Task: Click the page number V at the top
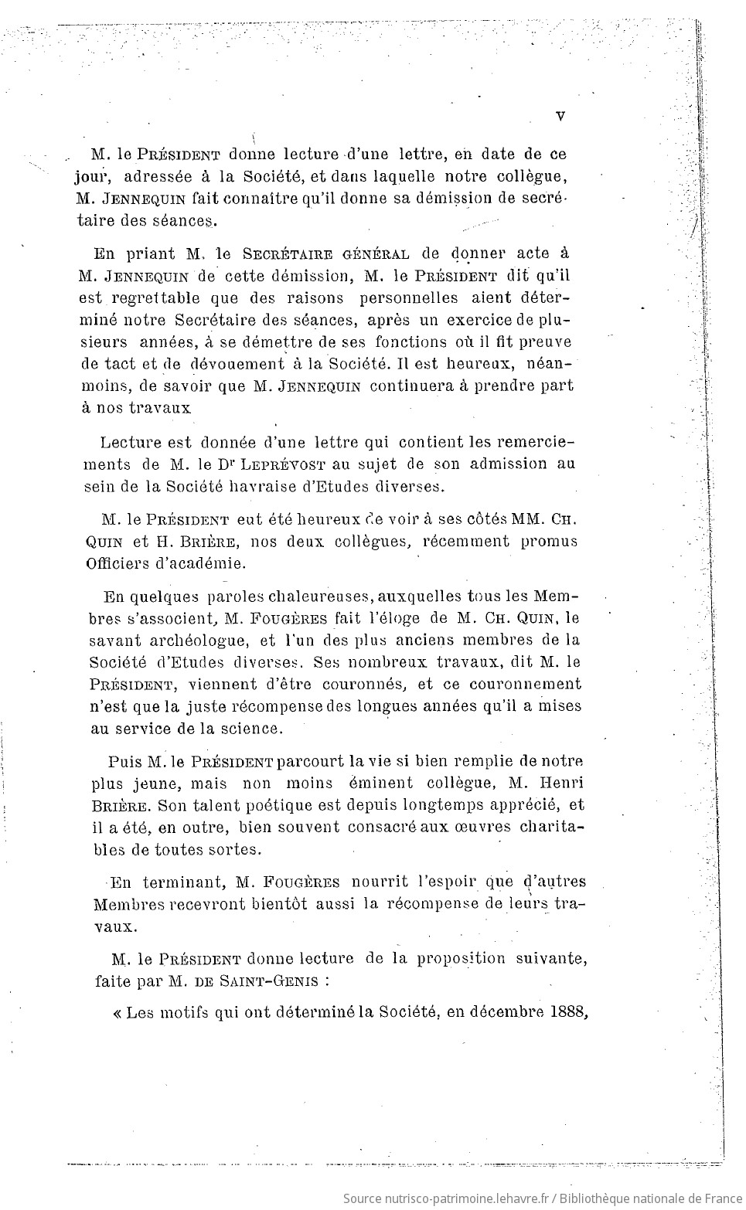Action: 560,115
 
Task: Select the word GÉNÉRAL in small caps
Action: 375,253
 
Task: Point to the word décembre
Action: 502,1012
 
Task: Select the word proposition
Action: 462,960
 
